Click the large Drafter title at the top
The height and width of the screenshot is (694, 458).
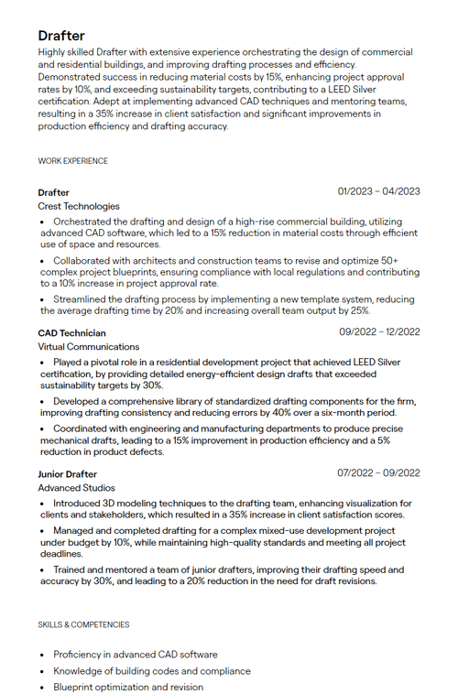click(61, 36)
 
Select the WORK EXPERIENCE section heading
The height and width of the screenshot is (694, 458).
click(72, 161)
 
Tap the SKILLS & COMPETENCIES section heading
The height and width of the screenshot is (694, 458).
click(83, 624)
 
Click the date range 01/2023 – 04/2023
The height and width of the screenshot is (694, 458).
click(378, 191)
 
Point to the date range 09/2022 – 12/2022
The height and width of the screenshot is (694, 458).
click(379, 332)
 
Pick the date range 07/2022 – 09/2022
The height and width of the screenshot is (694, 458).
click(378, 473)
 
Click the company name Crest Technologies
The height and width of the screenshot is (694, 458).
click(79, 207)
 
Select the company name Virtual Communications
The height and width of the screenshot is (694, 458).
click(89, 347)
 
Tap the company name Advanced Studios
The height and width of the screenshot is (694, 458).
click(77, 488)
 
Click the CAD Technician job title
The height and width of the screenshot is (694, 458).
click(71, 333)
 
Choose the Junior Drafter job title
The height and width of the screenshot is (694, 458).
click(67, 474)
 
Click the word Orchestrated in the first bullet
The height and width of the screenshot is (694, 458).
click(82, 222)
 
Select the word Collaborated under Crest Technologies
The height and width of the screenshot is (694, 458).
click(83, 261)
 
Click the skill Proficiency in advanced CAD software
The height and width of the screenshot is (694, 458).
click(136, 655)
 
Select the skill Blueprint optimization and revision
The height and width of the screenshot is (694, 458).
click(128, 687)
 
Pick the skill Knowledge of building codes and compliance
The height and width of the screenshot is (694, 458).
click(151, 671)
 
